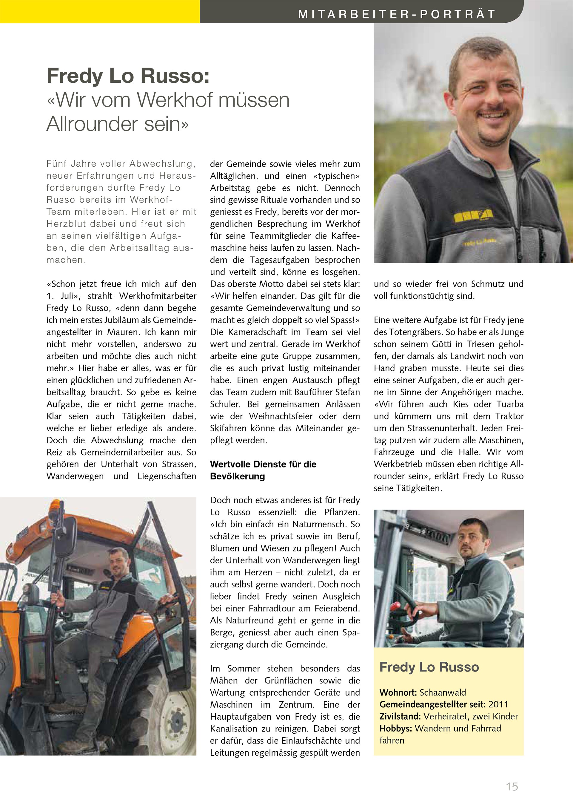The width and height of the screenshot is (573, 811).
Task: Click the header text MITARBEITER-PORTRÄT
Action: [x=397, y=14]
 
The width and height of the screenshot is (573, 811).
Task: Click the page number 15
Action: [x=512, y=786]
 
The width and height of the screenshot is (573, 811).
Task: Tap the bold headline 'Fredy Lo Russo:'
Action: [x=128, y=76]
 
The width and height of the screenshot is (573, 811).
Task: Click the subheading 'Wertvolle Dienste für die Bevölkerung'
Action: [x=263, y=470]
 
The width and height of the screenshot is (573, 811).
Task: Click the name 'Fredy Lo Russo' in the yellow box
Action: [x=429, y=667]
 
